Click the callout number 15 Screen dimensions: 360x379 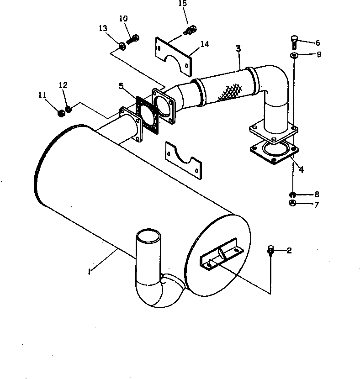pyautogui.click(x=183, y=3)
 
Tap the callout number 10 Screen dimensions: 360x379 pyautogui.click(x=123, y=18)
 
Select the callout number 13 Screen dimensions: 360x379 pyautogui.click(x=103, y=28)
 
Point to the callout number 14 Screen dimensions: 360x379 pyautogui.click(x=205, y=44)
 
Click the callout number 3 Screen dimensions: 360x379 pyautogui.click(x=238, y=48)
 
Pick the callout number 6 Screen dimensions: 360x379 pyautogui.click(x=318, y=43)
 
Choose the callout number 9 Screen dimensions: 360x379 pyautogui.click(x=319, y=54)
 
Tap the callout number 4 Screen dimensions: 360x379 pyautogui.click(x=301, y=170)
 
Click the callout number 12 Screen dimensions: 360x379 pyautogui.click(x=63, y=85)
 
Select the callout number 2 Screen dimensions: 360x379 pyautogui.click(x=289, y=251)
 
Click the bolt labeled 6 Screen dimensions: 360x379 pyautogui.click(x=294, y=42)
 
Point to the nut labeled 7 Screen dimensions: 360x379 pyautogui.click(x=292, y=203)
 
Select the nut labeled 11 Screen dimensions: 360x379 pyautogui.click(x=61, y=113)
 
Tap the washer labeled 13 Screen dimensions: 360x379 pyautogui.click(x=122, y=46)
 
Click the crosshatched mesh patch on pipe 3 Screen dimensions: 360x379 pyautogui.click(x=230, y=92)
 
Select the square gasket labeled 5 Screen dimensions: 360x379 pyautogui.click(x=147, y=115)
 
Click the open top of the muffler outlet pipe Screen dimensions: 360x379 pyautogui.click(x=148, y=235)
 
